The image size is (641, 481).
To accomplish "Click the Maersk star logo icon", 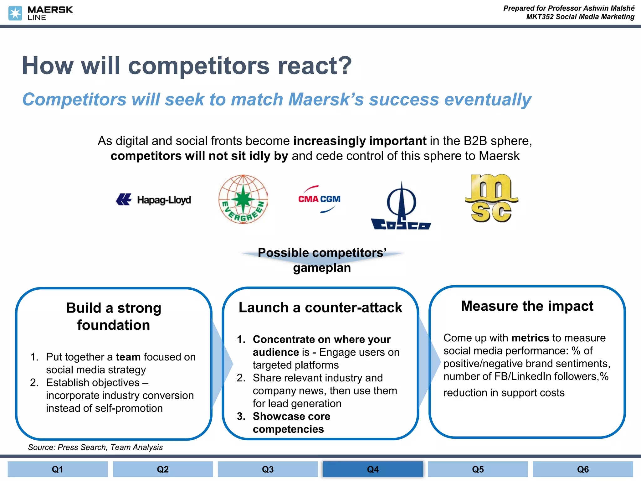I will point(15,13).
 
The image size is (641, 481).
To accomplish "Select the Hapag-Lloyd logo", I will point(154,199).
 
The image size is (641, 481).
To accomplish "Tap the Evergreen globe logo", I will point(243,199).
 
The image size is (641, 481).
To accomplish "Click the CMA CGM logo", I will point(319,199).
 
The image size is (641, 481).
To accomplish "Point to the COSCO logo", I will point(401,207).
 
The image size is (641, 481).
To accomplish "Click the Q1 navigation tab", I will point(58,469).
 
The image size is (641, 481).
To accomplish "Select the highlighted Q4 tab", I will point(373,469).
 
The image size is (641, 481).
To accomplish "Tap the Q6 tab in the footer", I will point(583,469).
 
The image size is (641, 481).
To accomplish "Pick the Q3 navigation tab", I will point(268,469).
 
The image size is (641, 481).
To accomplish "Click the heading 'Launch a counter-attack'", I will point(320,308).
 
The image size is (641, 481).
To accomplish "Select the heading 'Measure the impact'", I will point(527,306).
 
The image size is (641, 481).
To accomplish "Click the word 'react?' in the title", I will point(315,66).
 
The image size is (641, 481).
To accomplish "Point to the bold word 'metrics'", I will point(530,338).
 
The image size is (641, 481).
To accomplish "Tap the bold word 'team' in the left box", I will point(128,357).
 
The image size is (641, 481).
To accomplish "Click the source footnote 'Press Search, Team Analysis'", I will point(95,447).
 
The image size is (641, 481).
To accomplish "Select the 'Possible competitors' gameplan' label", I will point(322,260).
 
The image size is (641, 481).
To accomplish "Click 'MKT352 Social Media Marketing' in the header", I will point(580,17).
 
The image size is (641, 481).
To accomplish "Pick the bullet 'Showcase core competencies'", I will point(291,423).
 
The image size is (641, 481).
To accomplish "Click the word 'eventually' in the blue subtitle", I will point(488,100).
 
